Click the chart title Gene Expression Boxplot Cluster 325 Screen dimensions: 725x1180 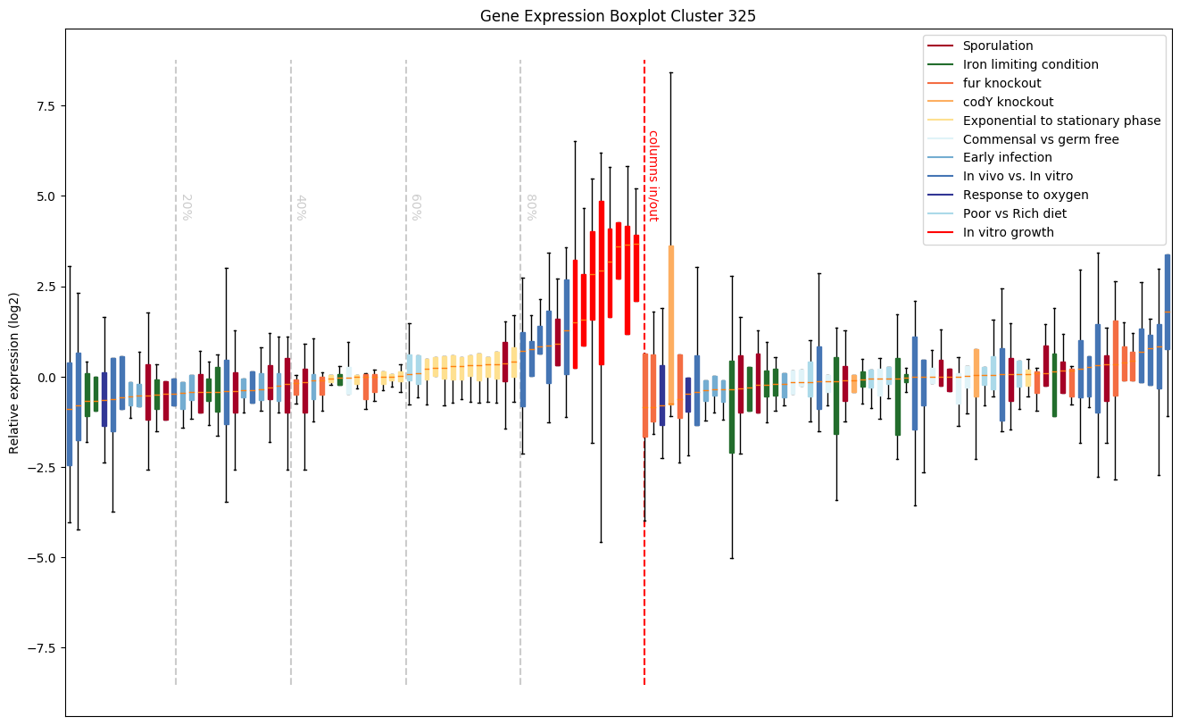tap(618, 16)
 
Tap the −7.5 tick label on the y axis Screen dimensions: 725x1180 tap(40, 647)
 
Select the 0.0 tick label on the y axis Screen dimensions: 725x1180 tap(43, 377)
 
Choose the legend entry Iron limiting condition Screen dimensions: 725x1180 tap(1030, 64)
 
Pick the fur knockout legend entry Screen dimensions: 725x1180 tap(1001, 83)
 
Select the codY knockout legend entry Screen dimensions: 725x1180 tap(1008, 102)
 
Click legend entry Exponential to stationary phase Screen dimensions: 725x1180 tap(1061, 121)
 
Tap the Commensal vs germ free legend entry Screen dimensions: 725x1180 tap(1040, 139)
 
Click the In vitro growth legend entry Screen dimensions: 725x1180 tap(1008, 232)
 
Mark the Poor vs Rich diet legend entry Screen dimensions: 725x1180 tap(1014, 213)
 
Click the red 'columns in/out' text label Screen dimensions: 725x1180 tap(652, 175)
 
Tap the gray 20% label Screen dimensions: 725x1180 tap(187, 206)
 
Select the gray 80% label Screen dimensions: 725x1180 tap(530, 206)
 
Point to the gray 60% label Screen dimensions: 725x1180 tap(415, 206)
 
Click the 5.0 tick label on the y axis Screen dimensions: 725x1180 tap(43, 196)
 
